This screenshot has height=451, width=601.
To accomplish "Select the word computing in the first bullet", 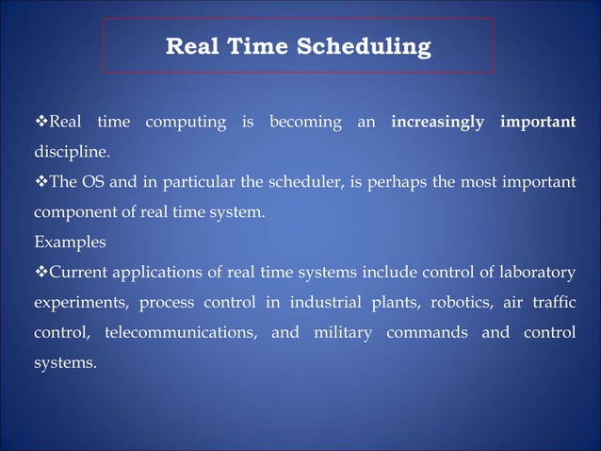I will (187, 123).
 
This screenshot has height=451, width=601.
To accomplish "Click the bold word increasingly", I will (437, 123).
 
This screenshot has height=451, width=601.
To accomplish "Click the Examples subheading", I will (70, 242).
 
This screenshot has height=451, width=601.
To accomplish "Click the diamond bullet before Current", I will (41, 273).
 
